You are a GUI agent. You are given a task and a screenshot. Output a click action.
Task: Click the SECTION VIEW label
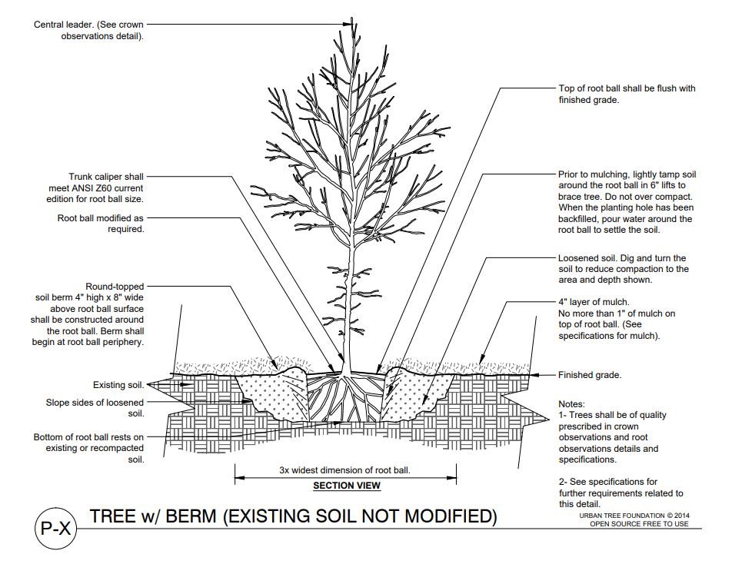[346, 486]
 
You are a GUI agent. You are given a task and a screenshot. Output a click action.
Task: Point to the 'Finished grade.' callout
[590, 375]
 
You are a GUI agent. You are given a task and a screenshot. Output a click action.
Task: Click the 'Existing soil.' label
[118, 385]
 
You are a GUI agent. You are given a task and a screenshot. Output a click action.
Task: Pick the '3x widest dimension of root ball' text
[345, 469]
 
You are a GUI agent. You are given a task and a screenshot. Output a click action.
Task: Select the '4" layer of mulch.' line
[594, 302]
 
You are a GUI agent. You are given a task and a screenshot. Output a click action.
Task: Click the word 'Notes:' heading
[571, 403]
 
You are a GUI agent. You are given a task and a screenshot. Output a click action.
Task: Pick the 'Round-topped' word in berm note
[115, 287]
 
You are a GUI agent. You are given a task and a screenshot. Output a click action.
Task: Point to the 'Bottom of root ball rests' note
[88, 437]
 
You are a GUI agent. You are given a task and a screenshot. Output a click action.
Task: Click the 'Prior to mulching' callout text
[592, 174]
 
